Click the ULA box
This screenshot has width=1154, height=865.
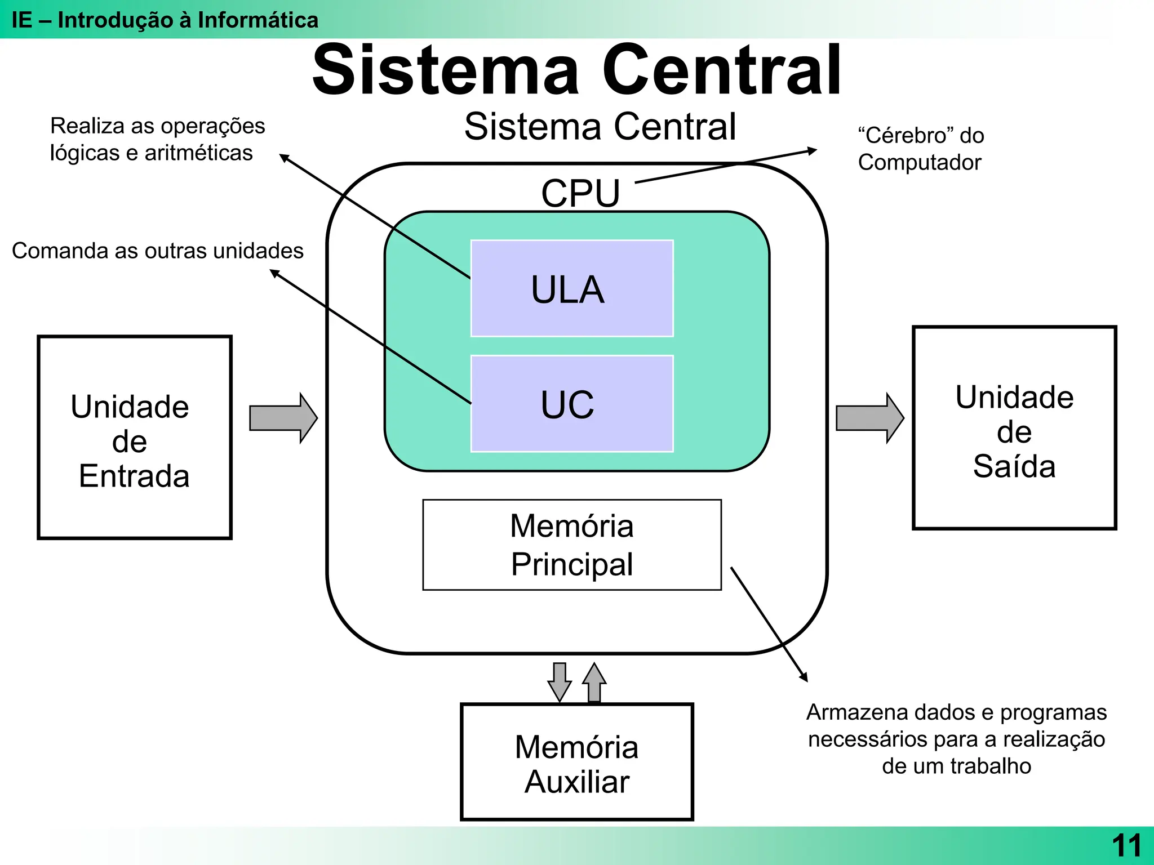point(572,289)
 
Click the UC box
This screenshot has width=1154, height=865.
point(572,404)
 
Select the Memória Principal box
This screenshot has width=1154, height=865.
point(572,545)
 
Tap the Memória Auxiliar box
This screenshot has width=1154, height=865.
point(576,763)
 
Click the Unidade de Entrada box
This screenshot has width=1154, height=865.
point(134,438)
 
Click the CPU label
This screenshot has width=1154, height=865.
point(580,193)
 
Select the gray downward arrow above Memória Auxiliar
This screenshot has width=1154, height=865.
point(560,681)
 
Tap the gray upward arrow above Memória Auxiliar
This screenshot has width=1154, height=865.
point(594,683)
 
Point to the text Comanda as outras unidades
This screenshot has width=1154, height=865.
point(158,251)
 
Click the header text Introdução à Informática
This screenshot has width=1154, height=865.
point(188,20)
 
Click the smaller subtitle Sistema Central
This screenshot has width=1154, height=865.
point(600,126)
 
